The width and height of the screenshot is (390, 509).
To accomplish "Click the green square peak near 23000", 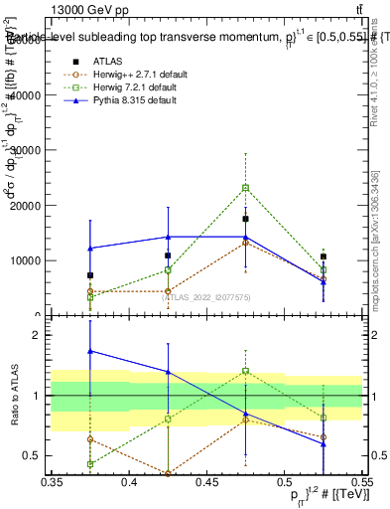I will click(245, 187).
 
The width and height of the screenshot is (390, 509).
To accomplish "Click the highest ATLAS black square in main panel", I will click(245, 219).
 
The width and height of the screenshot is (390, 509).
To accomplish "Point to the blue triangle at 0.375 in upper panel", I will click(90, 249).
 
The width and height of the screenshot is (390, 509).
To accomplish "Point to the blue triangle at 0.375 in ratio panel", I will click(90, 351).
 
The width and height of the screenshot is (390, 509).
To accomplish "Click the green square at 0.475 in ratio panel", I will click(245, 371).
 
